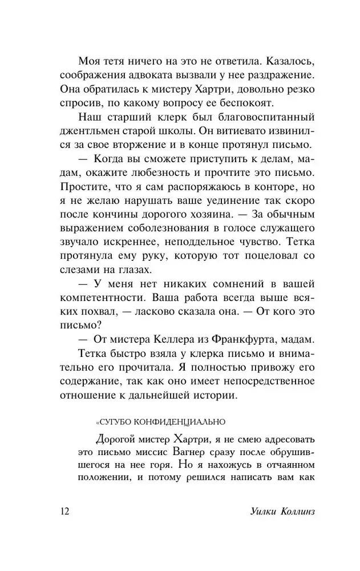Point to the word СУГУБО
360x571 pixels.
[114, 422]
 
